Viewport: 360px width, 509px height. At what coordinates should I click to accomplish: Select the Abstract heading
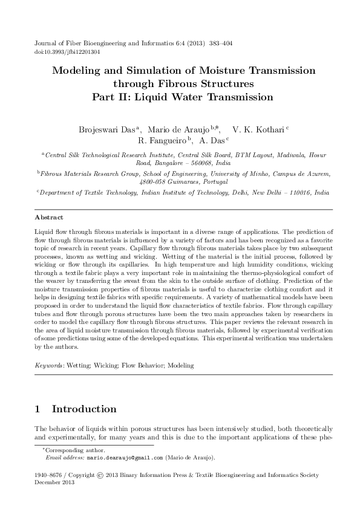(x=49, y=216)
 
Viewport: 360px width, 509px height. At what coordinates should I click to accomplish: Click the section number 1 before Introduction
(x=38, y=409)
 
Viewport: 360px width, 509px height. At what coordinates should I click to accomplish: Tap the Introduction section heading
(x=84, y=409)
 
